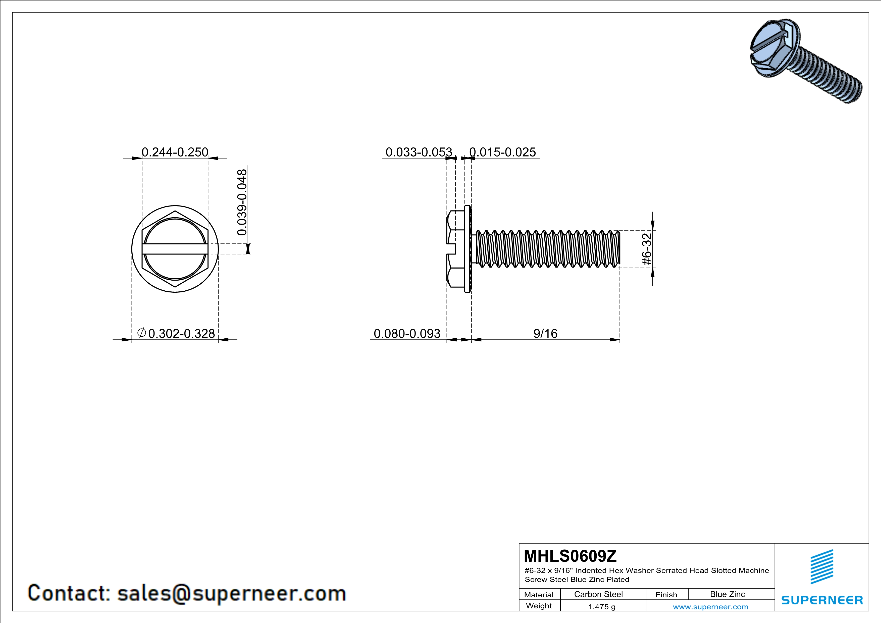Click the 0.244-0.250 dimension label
coord(175,152)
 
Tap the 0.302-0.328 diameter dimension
coord(181,333)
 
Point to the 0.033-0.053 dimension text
coord(419,152)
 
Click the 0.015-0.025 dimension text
coord(502,152)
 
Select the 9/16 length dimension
coord(545,333)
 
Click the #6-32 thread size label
coord(647,249)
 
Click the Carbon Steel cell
coord(598,594)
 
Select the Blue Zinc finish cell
coord(727,594)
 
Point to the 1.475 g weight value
coord(602,606)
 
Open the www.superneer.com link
coord(710,606)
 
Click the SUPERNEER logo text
coord(822,600)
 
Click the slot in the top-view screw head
coord(175,249)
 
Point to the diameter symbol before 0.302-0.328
coord(141,333)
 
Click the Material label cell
coord(539,595)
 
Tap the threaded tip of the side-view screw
coord(616,249)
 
